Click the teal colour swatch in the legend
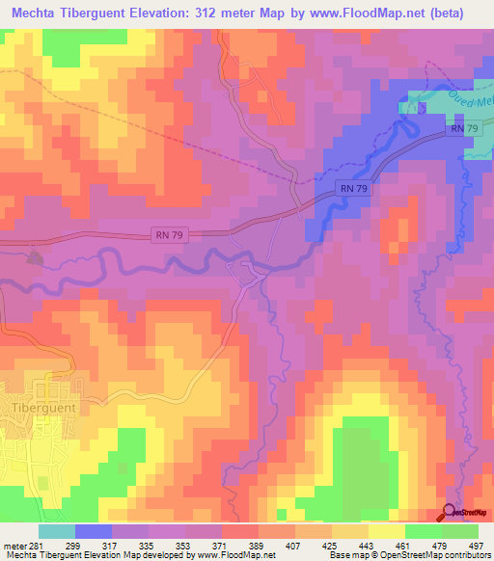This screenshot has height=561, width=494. [x=57, y=530]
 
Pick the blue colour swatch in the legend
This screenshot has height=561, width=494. [x=94, y=530]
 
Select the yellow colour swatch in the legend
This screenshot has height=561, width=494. [x=387, y=530]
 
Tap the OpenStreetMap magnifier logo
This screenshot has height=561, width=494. [x=451, y=513]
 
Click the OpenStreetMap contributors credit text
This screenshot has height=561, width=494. [x=440, y=554]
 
